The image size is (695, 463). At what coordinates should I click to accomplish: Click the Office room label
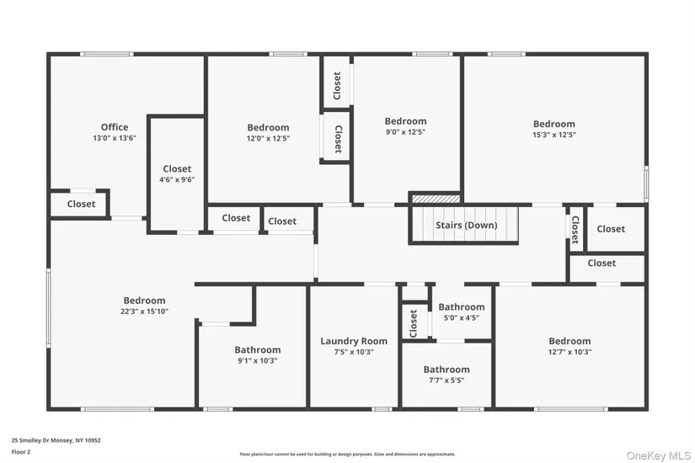[x=115, y=127]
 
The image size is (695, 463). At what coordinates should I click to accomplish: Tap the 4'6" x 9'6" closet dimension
[x=177, y=179]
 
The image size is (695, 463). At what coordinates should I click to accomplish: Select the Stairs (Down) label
[x=467, y=225]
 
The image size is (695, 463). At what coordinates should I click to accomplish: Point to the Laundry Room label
[x=354, y=341]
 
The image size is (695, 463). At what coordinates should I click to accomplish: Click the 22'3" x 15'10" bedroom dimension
[x=145, y=311]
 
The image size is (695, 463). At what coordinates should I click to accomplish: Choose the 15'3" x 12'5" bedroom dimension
[x=554, y=135]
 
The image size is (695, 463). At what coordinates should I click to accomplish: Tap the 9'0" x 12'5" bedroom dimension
[x=405, y=132]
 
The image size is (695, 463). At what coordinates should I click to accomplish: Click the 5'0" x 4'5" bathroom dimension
[x=462, y=317]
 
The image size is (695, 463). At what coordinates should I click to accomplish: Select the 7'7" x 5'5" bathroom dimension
[x=446, y=381]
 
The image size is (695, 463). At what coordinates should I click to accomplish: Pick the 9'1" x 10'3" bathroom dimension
[x=258, y=360]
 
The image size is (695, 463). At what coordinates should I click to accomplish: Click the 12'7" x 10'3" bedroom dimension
[x=569, y=352]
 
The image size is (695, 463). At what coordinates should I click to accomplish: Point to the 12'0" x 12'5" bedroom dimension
[x=268, y=138]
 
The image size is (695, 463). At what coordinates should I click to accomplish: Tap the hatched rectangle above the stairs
[x=436, y=199]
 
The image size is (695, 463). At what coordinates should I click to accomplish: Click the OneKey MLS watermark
[x=659, y=456]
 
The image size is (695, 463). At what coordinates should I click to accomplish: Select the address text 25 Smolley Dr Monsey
[x=42, y=440]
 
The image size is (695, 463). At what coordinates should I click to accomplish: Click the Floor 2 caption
[x=21, y=452]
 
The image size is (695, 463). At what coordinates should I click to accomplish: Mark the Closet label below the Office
[x=81, y=204]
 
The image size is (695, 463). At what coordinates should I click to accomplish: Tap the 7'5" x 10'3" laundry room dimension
[x=354, y=352]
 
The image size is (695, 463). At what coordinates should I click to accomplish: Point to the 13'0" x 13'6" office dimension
[x=115, y=138]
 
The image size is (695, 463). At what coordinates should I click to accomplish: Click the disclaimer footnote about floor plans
[x=347, y=454]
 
